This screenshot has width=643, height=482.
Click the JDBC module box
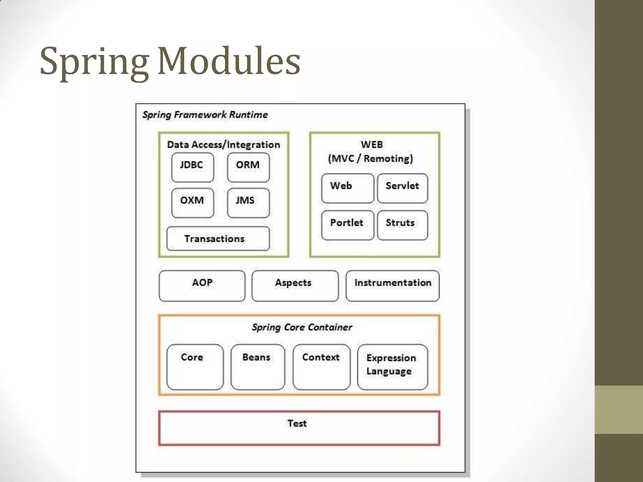pos(192,167)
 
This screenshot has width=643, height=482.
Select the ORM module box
pos(248,167)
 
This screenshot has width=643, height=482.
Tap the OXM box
pos(192,203)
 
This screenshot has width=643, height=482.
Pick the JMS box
pos(248,203)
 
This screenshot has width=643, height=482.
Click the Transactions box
pos(218,238)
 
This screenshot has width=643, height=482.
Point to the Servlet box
pos(403,188)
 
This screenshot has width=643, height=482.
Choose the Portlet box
pos(348,225)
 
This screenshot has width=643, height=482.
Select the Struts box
pos(403,225)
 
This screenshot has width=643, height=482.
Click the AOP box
pos(202,286)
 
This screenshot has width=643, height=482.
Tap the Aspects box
pos(295,286)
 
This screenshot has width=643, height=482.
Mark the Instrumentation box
pos(392,286)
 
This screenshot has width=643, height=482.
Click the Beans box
pos(257,367)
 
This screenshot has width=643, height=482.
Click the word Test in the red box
pos(297,423)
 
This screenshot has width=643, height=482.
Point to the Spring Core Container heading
pos(302,327)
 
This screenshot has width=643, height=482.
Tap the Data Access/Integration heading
pos(224,145)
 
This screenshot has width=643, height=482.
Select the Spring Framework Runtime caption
pos(205,115)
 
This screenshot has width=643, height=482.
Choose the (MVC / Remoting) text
pos(370,158)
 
